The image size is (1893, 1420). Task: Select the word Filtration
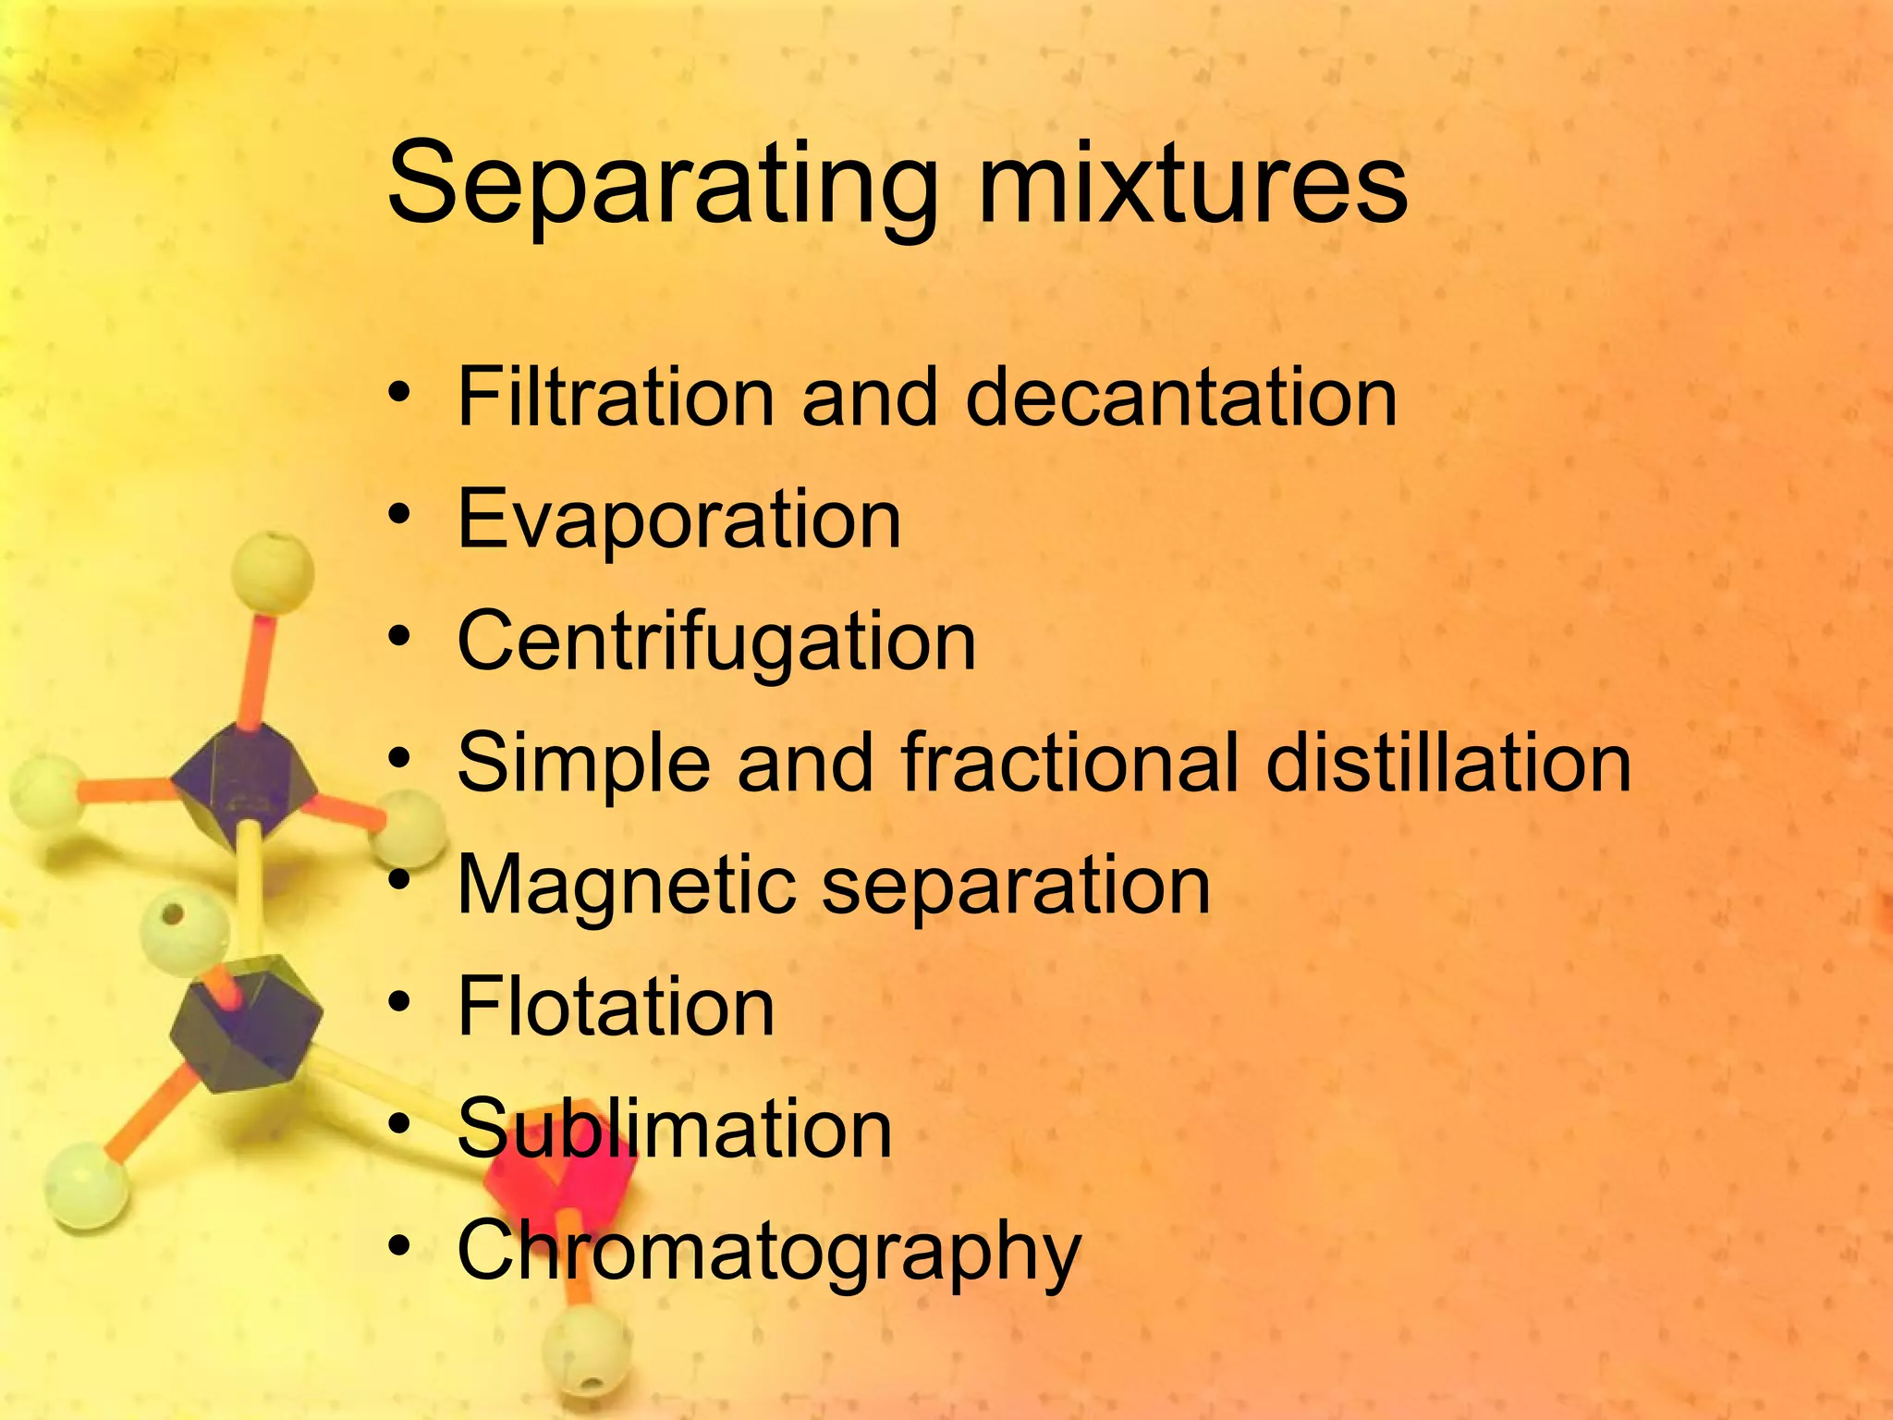point(616,397)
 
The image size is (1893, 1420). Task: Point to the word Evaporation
point(678,520)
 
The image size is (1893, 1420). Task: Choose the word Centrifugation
point(716,643)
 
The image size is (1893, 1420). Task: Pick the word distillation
point(1447,763)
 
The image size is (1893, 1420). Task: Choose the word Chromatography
point(768,1253)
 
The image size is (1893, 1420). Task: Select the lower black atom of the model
point(248,1022)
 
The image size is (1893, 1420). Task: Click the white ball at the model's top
point(272,571)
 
